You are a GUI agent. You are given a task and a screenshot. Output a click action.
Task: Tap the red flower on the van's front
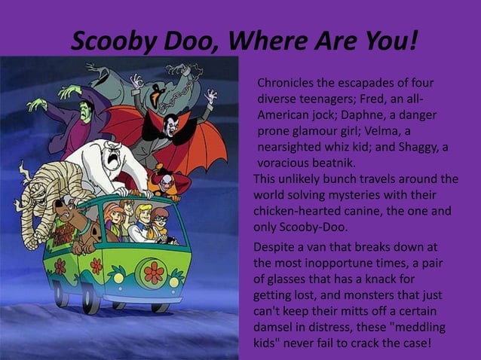[x=154, y=272]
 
